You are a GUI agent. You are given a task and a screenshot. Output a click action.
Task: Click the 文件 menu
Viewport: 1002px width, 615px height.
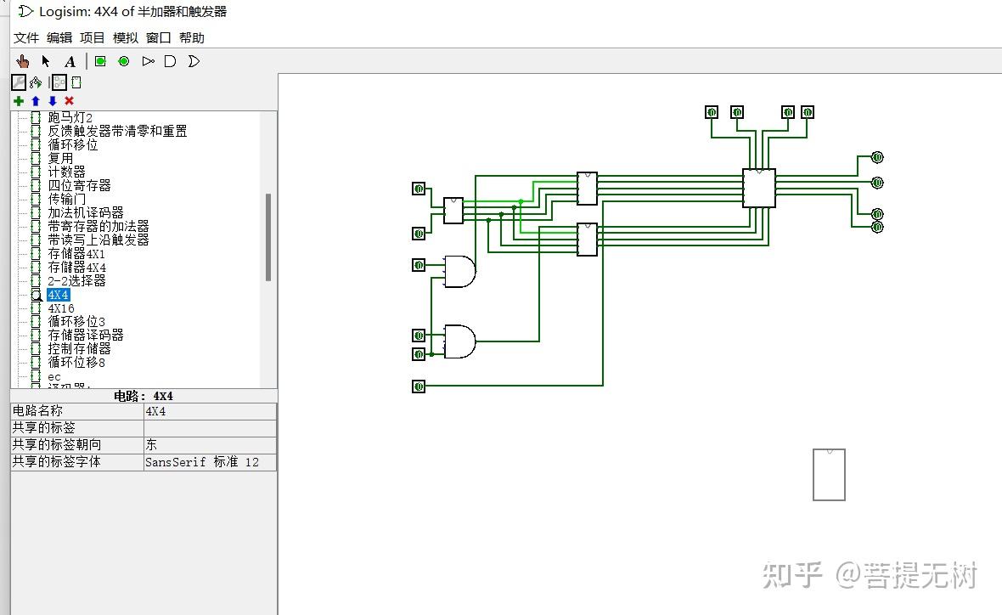tap(26, 38)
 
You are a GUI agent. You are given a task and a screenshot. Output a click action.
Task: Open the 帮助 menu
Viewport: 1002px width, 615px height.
tap(191, 38)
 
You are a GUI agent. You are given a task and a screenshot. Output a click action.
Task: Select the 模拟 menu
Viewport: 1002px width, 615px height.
tap(125, 38)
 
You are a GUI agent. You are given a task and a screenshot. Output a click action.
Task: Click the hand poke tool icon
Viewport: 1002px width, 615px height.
tap(23, 61)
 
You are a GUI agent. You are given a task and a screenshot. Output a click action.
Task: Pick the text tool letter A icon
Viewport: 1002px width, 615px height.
tap(70, 61)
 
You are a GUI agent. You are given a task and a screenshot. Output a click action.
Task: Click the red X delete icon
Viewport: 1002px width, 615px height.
tap(69, 100)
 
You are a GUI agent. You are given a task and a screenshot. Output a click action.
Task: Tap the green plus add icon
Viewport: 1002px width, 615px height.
tap(19, 100)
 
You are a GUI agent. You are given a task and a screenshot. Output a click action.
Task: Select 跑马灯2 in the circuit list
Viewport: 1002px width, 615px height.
tap(70, 117)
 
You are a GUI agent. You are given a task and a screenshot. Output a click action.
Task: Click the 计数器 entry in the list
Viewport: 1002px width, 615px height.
tap(66, 172)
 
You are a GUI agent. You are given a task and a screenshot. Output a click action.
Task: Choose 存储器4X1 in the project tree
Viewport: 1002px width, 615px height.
tap(76, 253)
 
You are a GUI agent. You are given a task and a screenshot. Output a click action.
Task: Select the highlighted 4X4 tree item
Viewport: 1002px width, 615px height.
tap(59, 295)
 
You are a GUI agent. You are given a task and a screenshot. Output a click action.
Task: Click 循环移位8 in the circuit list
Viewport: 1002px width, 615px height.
tap(76, 362)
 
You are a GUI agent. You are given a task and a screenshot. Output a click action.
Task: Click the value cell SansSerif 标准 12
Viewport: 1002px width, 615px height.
tap(202, 462)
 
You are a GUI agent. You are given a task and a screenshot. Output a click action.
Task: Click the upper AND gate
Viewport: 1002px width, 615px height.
tap(459, 271)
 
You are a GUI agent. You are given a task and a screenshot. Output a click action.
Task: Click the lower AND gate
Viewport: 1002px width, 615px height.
tap(459, 341)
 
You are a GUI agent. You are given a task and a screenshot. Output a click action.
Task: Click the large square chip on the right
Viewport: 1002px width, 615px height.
tap(758, 188)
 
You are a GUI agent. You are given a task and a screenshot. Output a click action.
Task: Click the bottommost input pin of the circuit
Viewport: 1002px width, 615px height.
tap(419, 386)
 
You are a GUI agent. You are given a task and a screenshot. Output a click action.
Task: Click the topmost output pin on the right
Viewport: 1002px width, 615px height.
tap(877, 157)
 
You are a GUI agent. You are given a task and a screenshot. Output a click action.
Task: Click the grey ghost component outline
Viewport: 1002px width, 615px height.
tap(829, 475)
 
